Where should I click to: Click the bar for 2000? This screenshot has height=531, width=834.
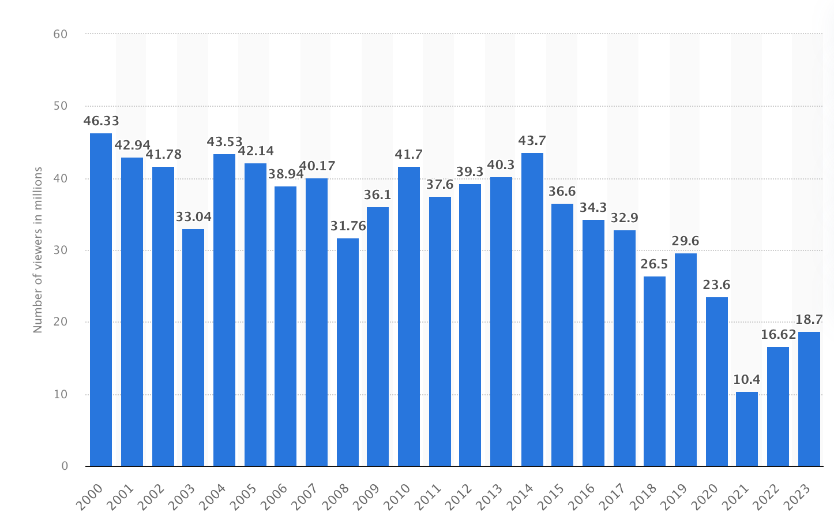101,300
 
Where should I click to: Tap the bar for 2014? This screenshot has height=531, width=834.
532,309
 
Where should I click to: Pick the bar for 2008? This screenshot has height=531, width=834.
347,352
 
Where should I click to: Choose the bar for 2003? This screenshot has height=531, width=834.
193,347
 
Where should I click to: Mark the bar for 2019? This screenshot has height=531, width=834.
686,360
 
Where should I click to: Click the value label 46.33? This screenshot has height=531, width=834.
101,121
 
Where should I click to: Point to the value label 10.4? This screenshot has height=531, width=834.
747,380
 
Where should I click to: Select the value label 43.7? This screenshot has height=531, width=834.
532,141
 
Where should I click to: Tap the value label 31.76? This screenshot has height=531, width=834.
347,226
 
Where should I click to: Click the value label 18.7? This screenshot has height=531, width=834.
809,320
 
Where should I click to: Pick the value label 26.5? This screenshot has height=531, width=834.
655,264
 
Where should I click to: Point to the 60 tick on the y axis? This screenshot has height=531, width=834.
61,34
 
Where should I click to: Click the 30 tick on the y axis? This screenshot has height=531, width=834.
61,250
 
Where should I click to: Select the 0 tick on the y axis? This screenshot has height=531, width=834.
65,466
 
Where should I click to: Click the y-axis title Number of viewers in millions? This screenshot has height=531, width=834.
38,250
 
